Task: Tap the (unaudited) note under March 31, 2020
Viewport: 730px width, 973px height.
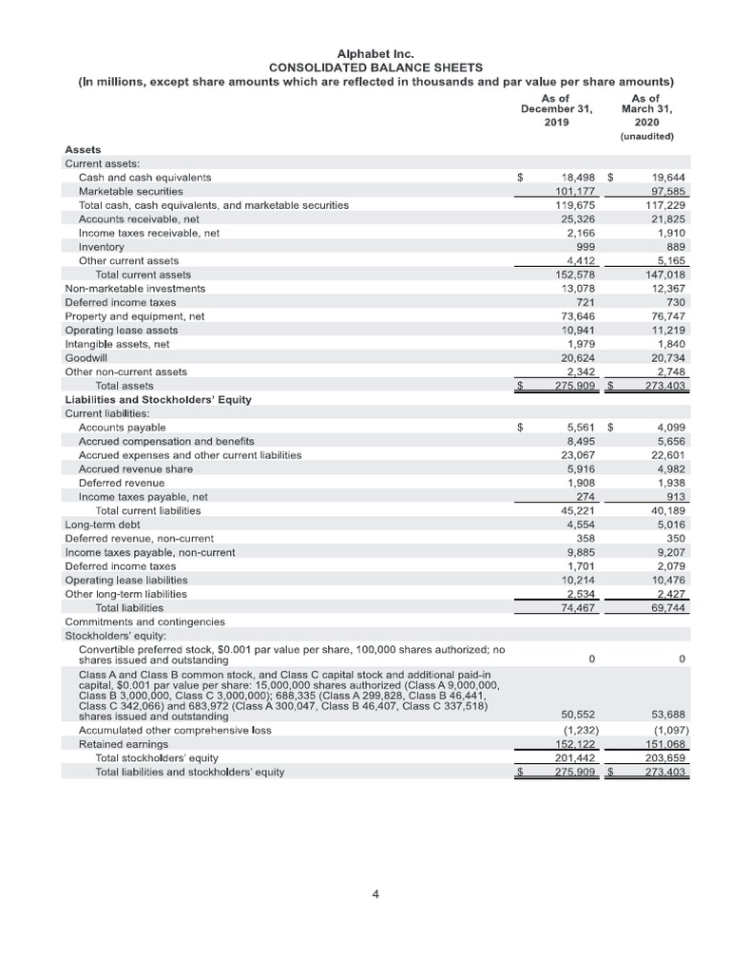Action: point(646,136)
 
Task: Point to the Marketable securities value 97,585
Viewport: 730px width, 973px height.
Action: point(666,192)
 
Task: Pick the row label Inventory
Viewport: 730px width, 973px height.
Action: point(102,247)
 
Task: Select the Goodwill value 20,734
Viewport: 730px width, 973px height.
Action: point(666,357)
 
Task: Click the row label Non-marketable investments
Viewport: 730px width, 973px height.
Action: point(135,288)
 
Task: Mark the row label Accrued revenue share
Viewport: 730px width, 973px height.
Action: point(136,469)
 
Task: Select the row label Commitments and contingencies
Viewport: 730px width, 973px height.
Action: point(144,621)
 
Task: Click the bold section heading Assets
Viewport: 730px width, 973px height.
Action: point(83,150)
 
